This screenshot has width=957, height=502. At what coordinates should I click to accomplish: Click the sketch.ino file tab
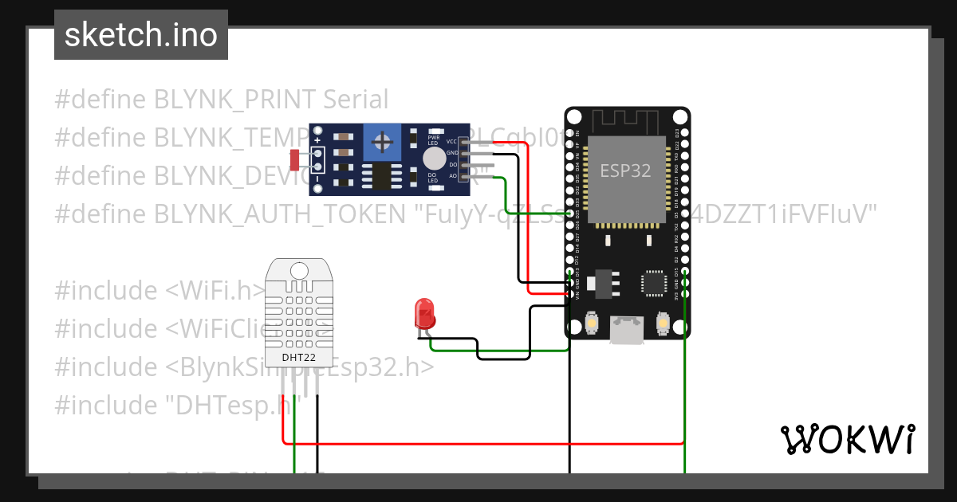(x=141, y=35)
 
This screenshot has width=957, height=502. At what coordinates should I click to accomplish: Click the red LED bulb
(x=423, y=312)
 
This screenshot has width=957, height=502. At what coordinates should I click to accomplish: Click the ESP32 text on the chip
(x=626, y=171)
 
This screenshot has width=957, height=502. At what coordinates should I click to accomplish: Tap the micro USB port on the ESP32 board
(x=627, y=330)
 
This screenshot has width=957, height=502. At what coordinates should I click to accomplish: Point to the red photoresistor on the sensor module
(x=294, y=160)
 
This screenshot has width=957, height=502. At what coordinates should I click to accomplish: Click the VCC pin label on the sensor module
(x=452, y=142)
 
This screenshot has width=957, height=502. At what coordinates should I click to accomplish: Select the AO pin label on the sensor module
(x=453, y=175)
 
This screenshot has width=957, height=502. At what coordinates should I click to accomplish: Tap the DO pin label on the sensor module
(x=453, y=164)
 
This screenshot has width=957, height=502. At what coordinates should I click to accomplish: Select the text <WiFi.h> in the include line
(x=216, y=290)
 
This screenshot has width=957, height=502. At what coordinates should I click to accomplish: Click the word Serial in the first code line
(x=356, y=100)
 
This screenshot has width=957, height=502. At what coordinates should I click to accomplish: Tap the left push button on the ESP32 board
(x=592, y=323)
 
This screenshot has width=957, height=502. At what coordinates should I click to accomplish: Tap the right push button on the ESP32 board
(x=661, y=323)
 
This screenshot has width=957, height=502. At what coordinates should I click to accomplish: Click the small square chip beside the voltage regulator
(x=653, y=283)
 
